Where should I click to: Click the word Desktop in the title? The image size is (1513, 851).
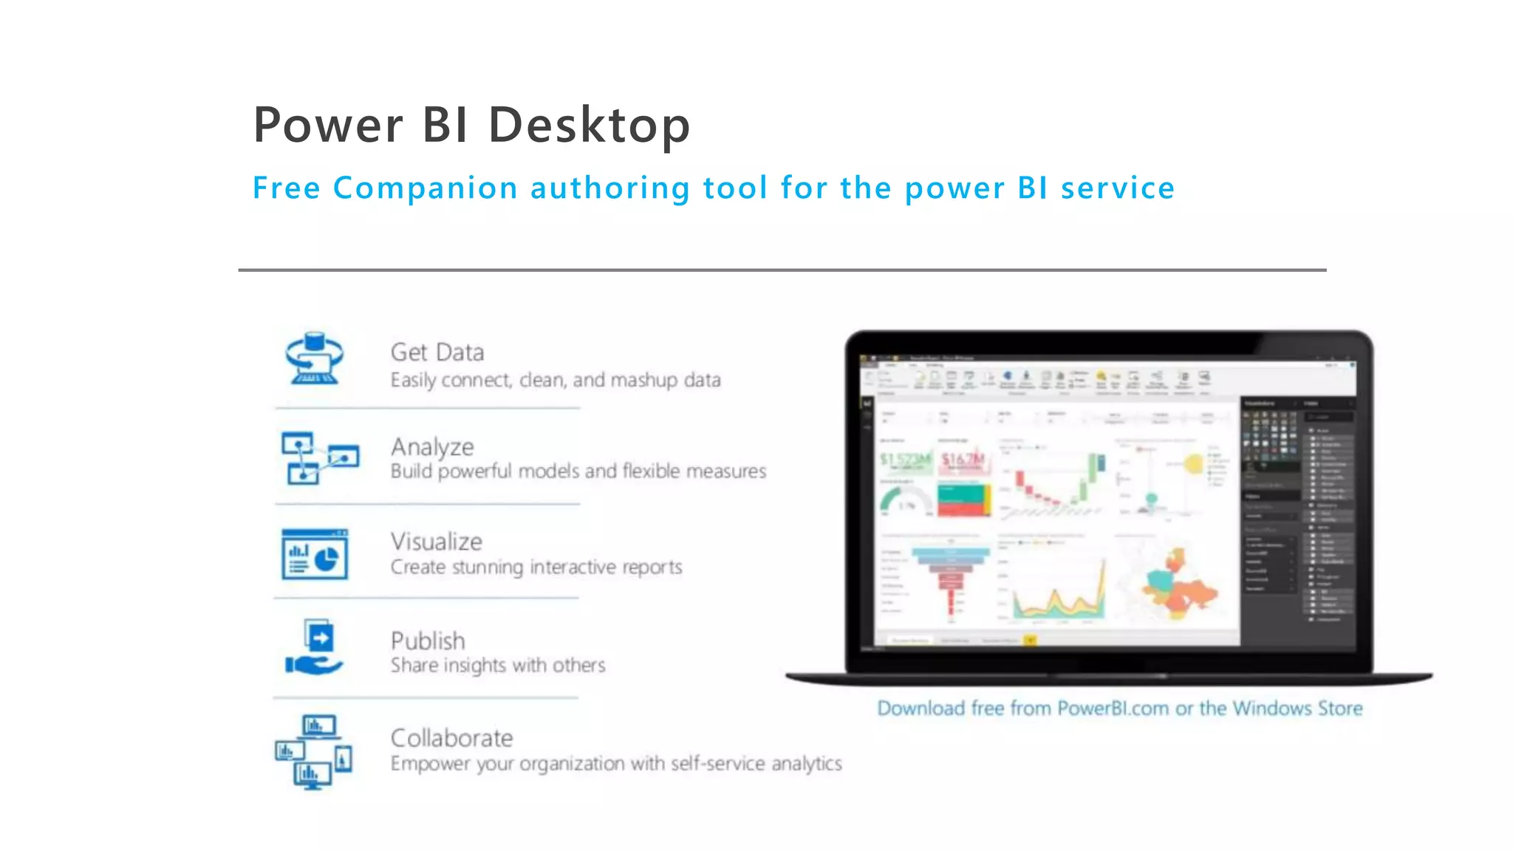coord(589,125)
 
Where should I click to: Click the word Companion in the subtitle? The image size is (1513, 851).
coord(425,188)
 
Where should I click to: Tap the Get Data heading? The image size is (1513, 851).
coord(437,352)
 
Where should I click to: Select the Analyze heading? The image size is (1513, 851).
coord(432,447)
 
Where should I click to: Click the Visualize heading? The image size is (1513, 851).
coord(436,541)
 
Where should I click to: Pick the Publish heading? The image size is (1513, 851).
coord(428,640)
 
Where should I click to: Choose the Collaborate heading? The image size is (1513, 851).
coord(451,738)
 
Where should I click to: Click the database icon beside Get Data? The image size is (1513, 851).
coord(315,358)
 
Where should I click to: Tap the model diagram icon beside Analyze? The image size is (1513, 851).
coord(319,457)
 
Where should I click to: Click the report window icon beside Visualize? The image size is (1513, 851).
coord(315,554)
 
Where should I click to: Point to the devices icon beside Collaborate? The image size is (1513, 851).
coord(314,751)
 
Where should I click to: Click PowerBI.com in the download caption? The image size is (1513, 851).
coord(1113,708)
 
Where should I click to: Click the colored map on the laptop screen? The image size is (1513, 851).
coord(1178,584)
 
